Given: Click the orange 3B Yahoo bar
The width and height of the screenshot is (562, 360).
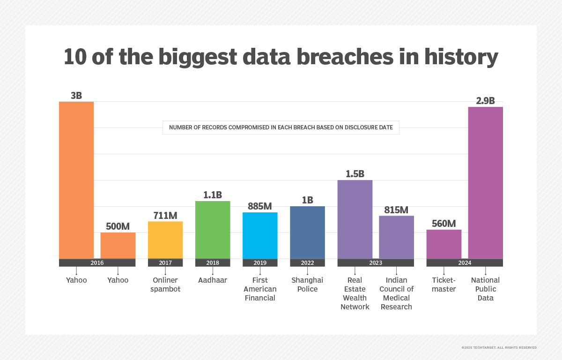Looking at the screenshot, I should click(76, 180).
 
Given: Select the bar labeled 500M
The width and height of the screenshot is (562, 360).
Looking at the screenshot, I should click(118, 245).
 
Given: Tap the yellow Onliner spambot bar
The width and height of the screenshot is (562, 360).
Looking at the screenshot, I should click(165, 240).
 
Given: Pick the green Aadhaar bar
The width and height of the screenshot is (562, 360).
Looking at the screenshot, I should click(213, 230).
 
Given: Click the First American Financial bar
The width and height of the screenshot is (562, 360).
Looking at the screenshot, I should click(260, 235).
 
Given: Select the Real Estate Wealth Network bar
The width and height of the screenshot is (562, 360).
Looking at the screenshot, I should click(355, 219).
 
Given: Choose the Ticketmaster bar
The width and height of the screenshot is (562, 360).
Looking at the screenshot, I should click(444, 244).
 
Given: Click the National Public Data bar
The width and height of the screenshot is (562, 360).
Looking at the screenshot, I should click(486, 183).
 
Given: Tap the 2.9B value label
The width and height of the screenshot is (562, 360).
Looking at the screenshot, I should click(485, 101).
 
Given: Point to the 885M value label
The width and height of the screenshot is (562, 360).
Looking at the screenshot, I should click(260, 206).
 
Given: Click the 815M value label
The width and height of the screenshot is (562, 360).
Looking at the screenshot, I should click(396, 210).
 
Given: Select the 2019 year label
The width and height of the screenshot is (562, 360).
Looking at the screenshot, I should click(260, 263).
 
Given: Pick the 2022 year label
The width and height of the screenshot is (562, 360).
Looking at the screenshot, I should click(307, 263).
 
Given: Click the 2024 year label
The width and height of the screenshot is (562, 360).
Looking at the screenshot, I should click(465, 263).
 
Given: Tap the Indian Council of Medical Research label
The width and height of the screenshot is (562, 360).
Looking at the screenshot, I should click(396, 293).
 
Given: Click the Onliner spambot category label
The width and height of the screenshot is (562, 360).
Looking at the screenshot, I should click(165, 285).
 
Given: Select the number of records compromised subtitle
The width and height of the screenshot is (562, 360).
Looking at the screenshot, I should click(281, 127).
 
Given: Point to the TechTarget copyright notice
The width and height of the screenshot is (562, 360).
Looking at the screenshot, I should click(499, 347).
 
